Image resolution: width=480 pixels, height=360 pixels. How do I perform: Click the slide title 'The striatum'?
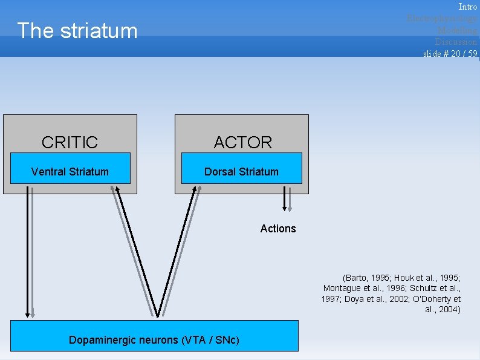[x=77, y=31]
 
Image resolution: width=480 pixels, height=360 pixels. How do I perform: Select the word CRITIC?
[x=70, y=142]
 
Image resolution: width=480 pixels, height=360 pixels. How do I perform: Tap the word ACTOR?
[x=243, y=142]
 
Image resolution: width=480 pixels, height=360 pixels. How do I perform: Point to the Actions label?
[x=278, y=229]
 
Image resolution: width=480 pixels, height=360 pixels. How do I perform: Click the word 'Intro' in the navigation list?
[x=467, y=7]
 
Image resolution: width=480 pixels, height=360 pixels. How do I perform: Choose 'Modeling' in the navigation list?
[x=457, y=30]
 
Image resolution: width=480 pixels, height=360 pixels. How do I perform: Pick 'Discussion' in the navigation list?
[x=456, y=41]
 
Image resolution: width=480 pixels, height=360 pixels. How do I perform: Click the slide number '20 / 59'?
[x=464, y=53]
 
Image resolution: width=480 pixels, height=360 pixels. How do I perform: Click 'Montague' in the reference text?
[x=343, y=288]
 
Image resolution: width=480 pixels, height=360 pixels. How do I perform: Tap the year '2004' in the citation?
[x=447, y=310]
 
